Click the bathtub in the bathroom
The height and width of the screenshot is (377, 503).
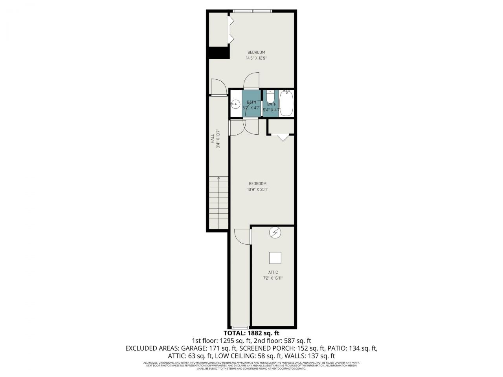(286, 104)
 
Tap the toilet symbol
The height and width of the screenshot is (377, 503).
(271, 97)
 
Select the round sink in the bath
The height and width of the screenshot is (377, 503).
(235, 104)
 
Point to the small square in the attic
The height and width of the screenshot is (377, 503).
(275, 258)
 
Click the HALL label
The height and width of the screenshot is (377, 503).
(212, 139)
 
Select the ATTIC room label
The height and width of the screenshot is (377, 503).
(273, 273)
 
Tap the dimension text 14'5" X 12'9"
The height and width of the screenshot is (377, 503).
(256, 58)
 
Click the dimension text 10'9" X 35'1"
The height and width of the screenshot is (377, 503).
(257, 189)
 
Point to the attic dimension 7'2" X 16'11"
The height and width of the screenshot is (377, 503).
(273, 278)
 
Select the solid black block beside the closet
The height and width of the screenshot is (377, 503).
(218, 53)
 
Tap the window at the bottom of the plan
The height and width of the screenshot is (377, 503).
(240, 327)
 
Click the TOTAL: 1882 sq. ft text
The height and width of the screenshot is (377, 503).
(251, 333)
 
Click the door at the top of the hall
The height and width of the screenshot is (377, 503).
(218, 87)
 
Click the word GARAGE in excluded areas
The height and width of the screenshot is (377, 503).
(193, 348)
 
